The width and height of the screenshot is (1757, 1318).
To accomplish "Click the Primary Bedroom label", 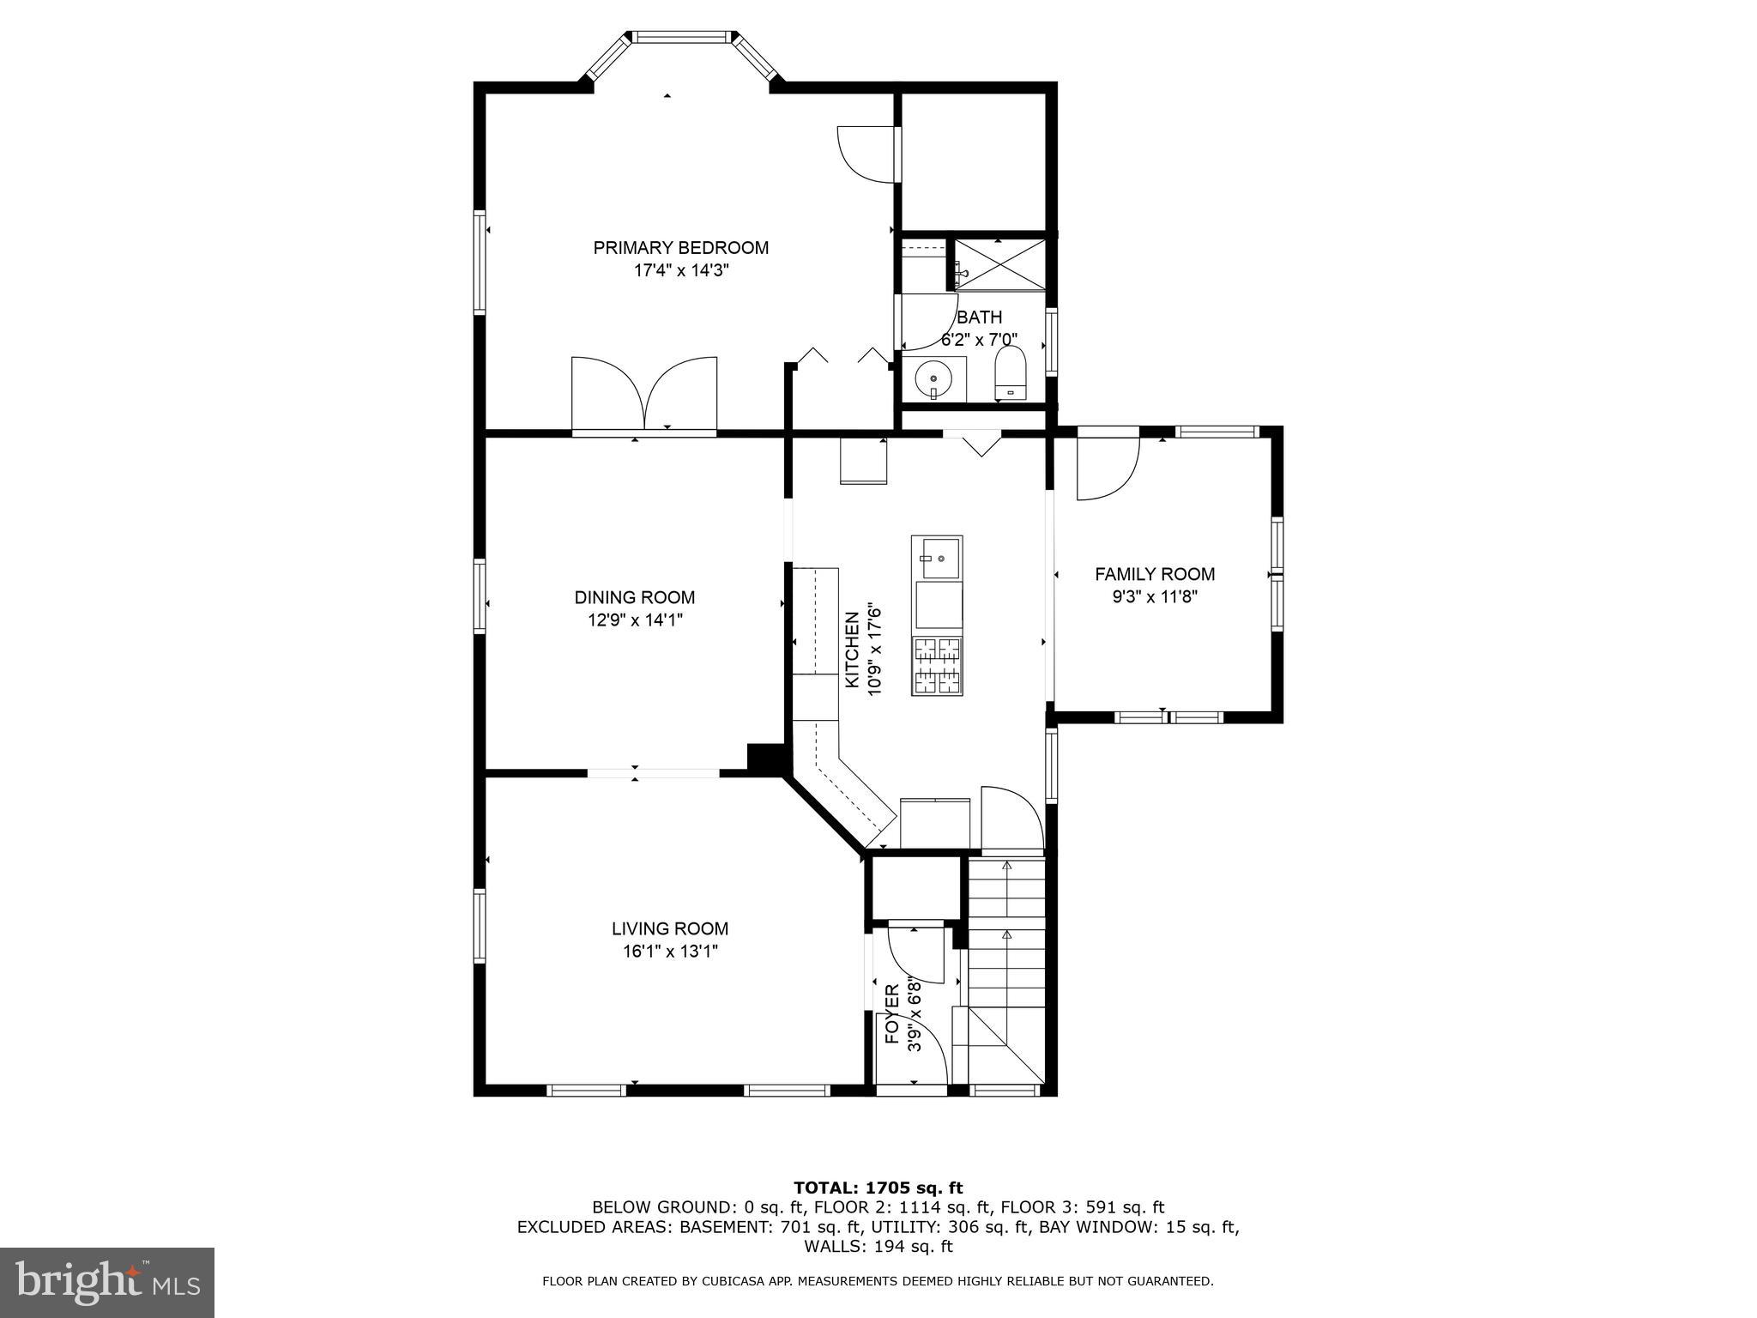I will [x=680, y=248].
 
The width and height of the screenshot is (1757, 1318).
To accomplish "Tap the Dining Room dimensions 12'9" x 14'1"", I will [x=635, y=620].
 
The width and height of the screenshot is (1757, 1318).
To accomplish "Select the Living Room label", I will [x=670, y=928].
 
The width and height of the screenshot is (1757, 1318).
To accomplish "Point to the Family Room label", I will [x=1155, y=574].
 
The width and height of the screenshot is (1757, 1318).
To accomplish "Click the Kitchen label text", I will [x=852, y=649].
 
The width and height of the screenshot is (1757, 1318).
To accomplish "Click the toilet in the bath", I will [x=1011, y=374].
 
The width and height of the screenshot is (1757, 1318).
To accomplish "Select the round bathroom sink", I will [x=933, y=378].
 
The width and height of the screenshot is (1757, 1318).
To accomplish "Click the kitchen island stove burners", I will [x=937, y=665].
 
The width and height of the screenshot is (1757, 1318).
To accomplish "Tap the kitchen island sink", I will [x=937, y=559].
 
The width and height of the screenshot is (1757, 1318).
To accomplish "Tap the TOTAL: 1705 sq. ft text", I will [x=878, y=1188].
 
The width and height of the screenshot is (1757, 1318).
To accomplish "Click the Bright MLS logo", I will [x=107, y=1283].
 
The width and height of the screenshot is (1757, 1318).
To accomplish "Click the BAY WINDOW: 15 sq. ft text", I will [x=1138, y=1227].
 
